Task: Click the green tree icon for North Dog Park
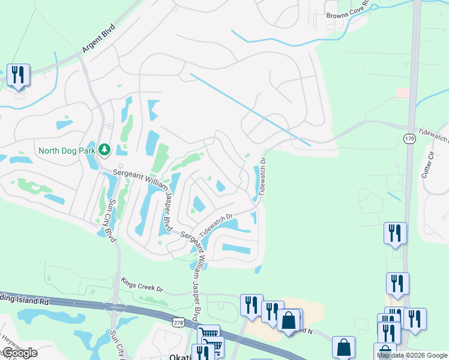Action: (x=104, y=149)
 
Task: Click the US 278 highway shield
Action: (x=179, y=323)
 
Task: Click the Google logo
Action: (x=19, y=353)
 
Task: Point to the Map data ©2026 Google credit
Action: (x=412, y=355)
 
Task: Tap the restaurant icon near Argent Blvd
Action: (x=18, y=75)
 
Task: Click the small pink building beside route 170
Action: (x=403, y=92)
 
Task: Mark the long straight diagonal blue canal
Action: (x=249, y=109)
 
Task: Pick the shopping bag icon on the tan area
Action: (x=289, y=320)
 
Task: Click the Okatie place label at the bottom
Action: (x=179, y=356)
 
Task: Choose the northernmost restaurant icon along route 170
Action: (x=395, y=233)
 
